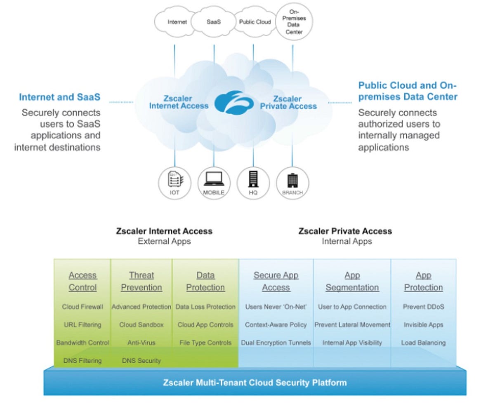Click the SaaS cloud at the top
(214, 22)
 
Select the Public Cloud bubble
(255, 22)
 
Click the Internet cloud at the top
(177, 22)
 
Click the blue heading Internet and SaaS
(59, 98)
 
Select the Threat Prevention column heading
(141, 281)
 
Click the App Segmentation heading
(352, 281)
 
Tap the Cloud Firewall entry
(82, 307)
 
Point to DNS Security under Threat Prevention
(141, 361)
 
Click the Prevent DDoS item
(423, 307)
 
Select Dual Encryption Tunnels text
(276, 343)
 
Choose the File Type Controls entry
(205, 343)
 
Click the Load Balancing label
(423, 343)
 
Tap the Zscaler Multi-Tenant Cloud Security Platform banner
(255, 383)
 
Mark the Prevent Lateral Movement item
(352, 325)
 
